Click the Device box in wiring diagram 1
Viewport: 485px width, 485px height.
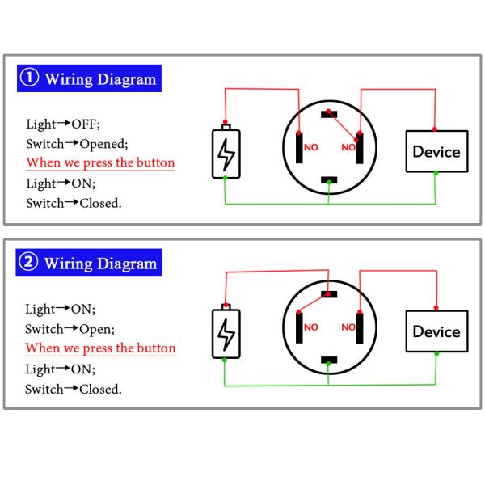point(436,151)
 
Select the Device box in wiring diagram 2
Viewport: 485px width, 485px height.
point(436,331)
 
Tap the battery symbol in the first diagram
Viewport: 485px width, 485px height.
point(228,152)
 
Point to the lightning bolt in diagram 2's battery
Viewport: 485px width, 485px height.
point(228,334)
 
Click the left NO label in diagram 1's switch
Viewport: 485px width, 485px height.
point(311,147)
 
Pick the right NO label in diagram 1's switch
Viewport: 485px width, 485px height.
point(348,147)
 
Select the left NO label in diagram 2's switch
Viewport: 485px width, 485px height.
point(311,327)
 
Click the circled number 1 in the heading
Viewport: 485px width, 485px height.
point(29,79)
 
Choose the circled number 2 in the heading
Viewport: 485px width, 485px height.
point(29,264)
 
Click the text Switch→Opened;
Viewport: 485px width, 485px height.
point(76,144)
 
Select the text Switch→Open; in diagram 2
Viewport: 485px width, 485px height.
point(71,329)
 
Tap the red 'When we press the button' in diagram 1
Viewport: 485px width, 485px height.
point(100,162)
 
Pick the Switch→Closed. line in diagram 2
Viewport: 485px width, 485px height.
point(74,390)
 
